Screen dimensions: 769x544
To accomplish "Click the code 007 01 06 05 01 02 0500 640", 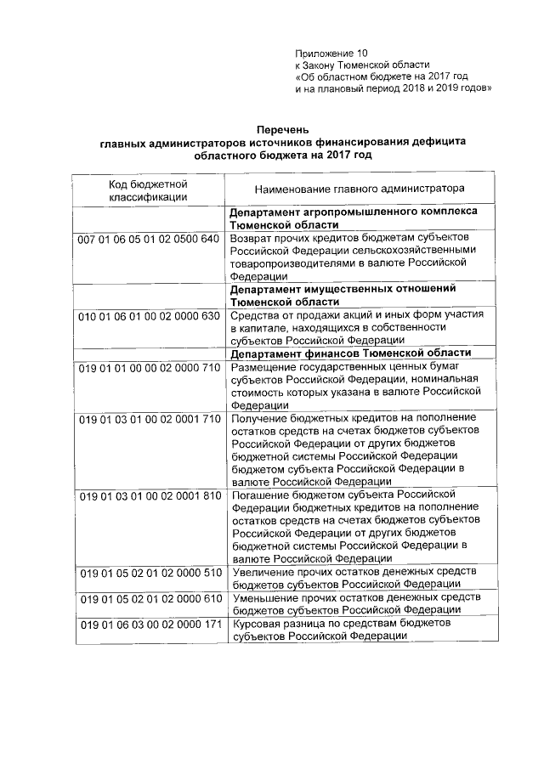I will click(x=149, y=240).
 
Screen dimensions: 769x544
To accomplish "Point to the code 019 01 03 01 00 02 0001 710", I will click(x=149, y=419).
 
